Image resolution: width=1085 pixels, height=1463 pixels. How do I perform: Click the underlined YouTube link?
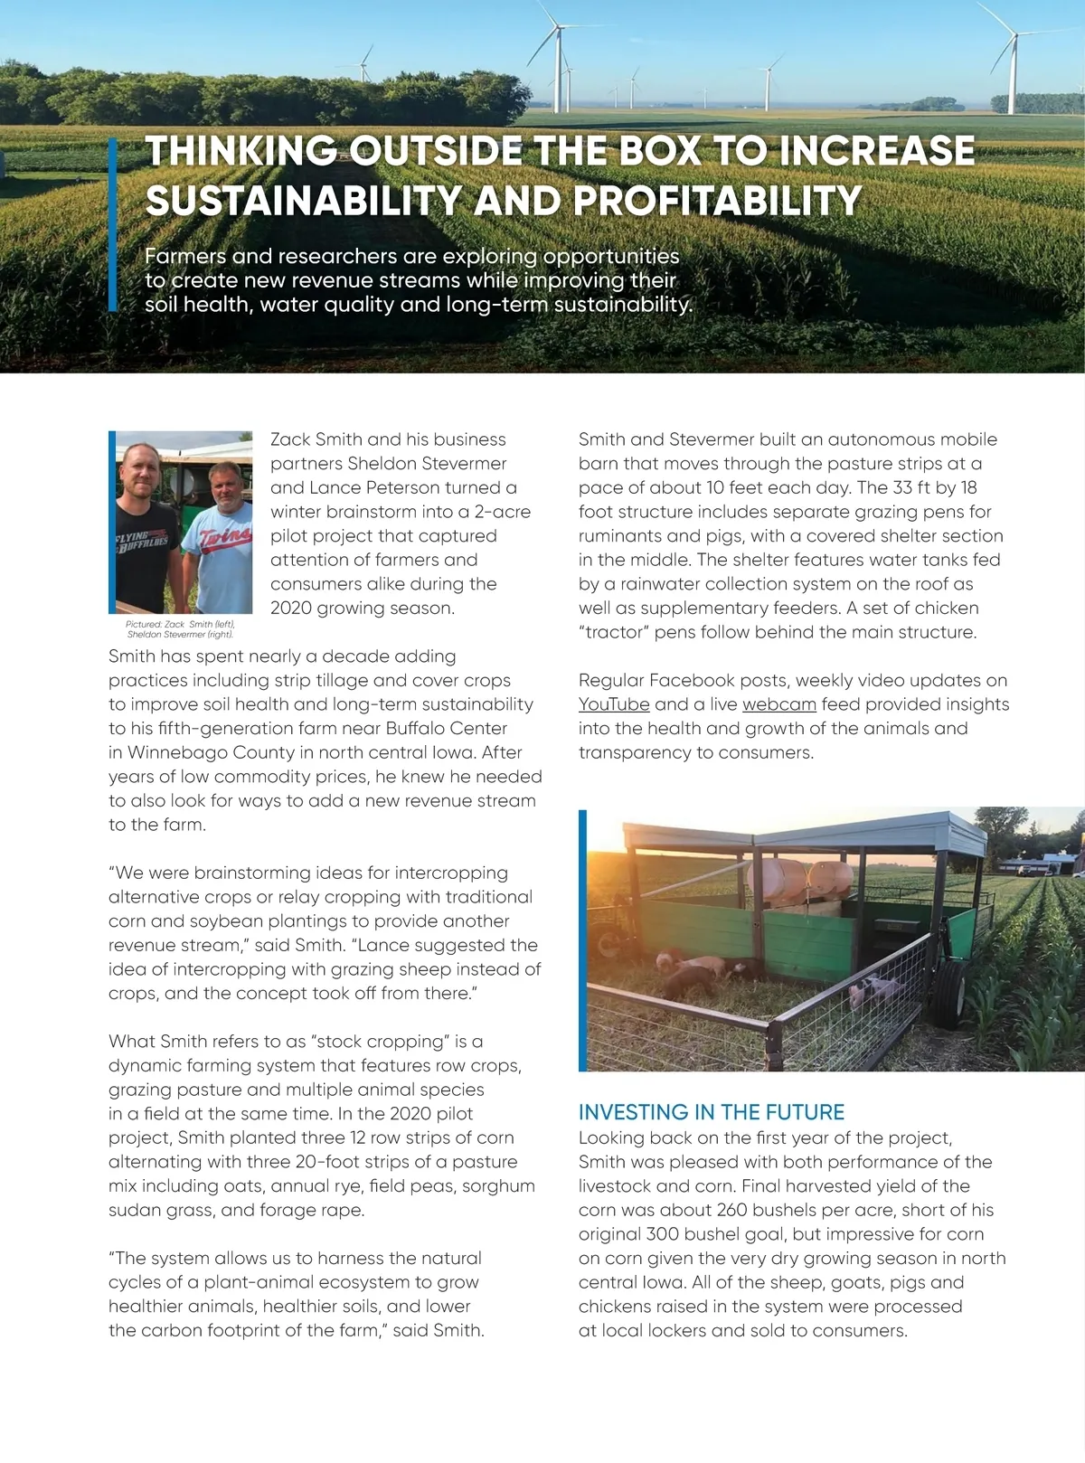[x=614, y=704]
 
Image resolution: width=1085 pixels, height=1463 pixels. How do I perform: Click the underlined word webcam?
[x=778, y=704]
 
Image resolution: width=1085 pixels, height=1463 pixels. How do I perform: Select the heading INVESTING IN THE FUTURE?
[x=711, y=1112]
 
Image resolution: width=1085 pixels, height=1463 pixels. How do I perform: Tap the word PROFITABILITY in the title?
[x=717, y=201]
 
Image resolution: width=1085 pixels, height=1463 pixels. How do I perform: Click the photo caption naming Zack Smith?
[x=181, y=628]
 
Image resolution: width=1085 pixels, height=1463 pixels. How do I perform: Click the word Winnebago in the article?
[x=172, y=752]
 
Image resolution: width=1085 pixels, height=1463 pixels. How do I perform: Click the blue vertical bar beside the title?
[x=113, y=224]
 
